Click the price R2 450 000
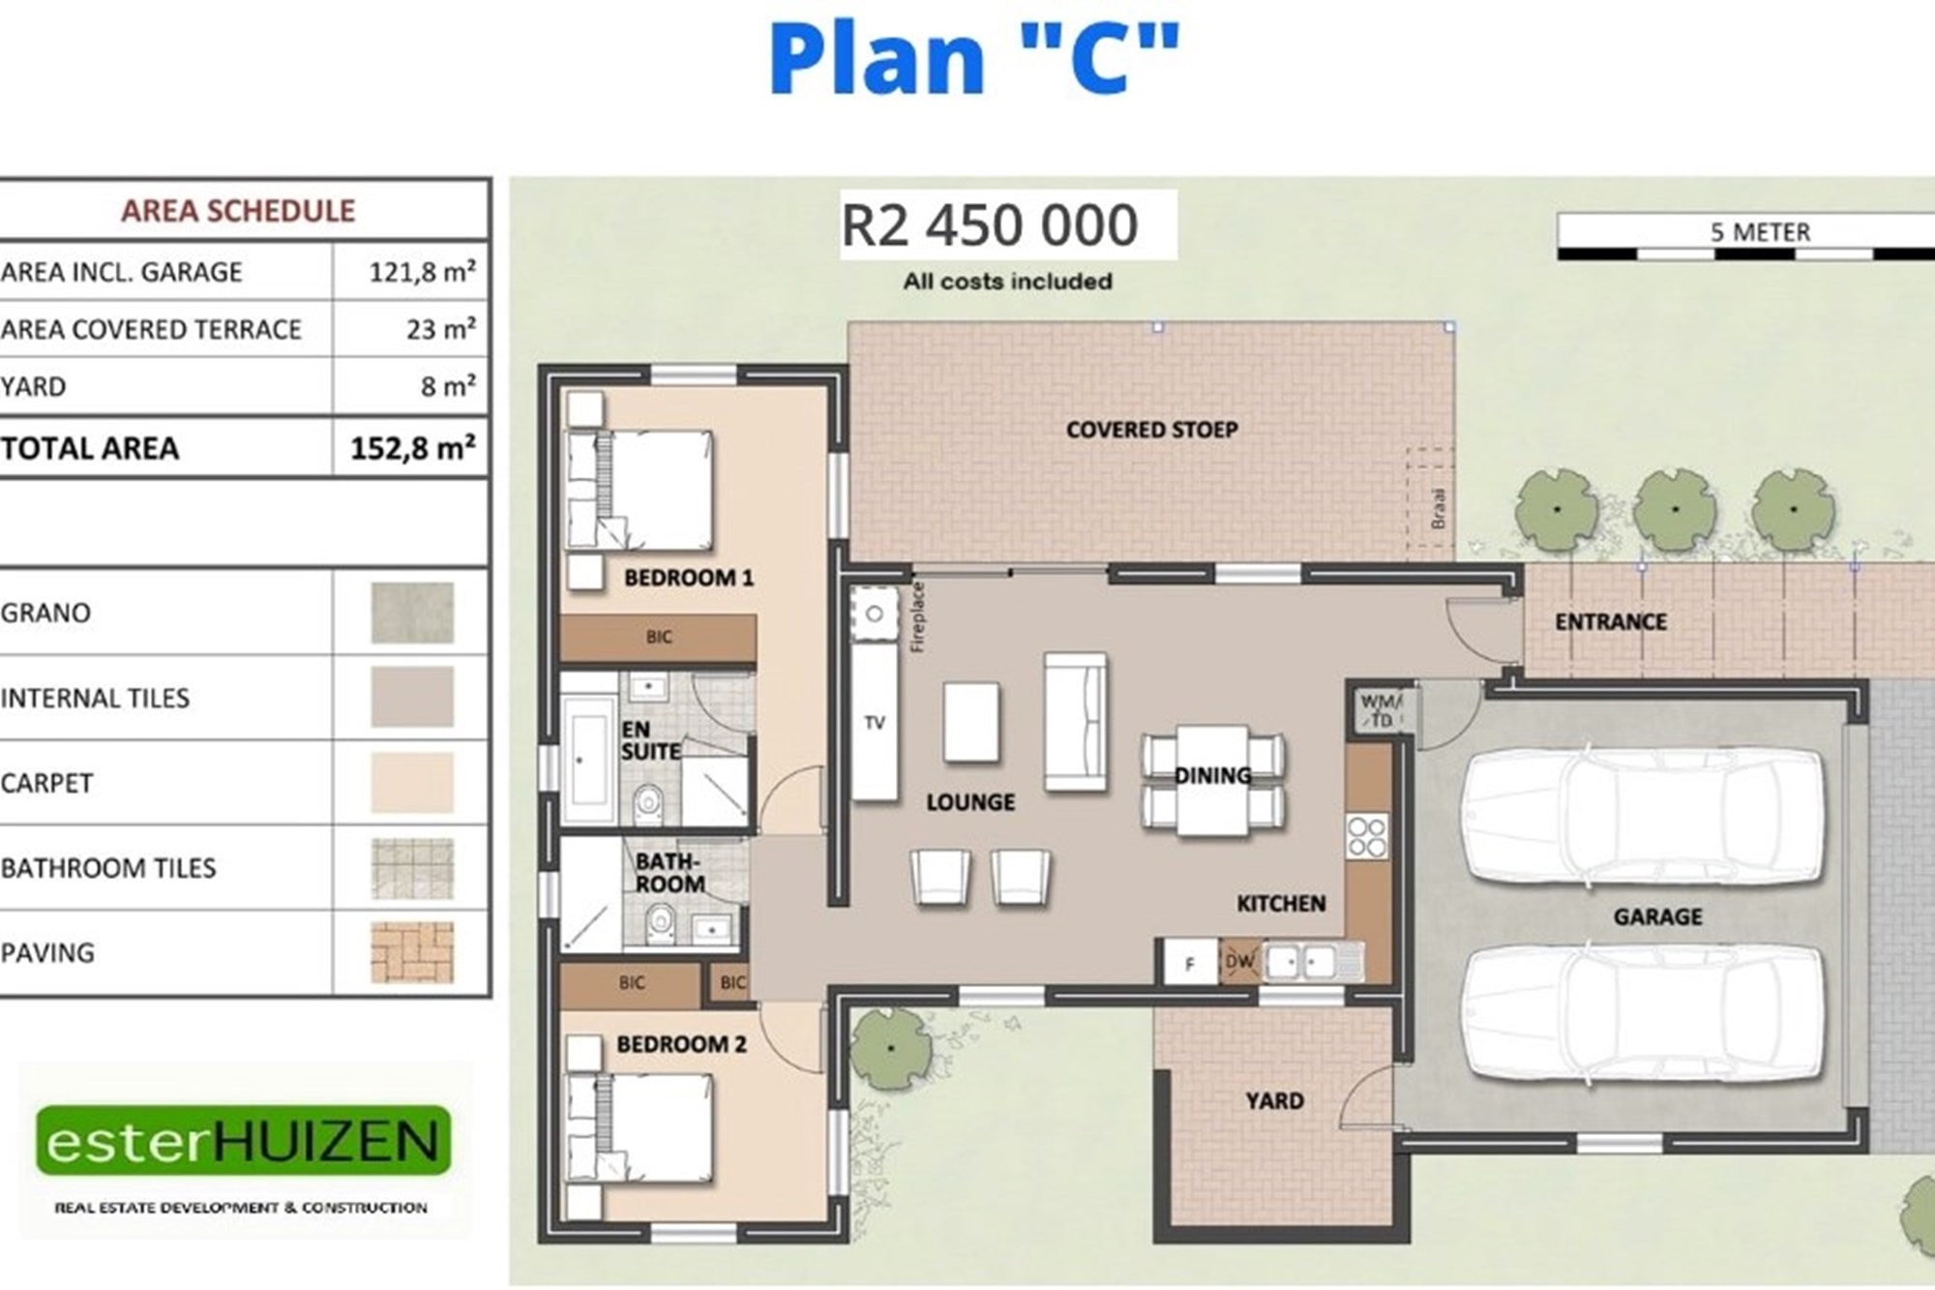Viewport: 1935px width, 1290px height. (990, 225)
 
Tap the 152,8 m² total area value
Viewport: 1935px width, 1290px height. (413, 448)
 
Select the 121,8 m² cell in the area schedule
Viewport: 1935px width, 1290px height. (422, 272)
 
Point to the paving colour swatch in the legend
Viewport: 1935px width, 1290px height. (412, 952)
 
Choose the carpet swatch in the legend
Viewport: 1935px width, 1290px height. (412, 782)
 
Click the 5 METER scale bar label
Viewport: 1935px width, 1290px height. (1760, 232)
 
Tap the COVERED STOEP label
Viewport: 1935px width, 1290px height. (1151, 430)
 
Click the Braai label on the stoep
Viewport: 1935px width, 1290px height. (1439, 507)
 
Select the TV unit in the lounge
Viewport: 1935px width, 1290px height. (875, 723)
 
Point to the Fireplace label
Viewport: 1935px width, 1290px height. (918, 616)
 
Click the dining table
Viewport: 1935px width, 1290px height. (1213, 780)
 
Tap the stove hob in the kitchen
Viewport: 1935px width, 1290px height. (1367, 837)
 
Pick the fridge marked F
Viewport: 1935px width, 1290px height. (1190, 963)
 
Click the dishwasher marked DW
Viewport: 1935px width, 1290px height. (1239, 962)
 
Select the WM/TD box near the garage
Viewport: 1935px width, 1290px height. (1381, 710)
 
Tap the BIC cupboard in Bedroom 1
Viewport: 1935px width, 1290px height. (658, 638)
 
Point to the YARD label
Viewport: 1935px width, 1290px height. (1274, 1101)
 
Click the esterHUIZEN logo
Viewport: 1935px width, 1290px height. (244, 1141)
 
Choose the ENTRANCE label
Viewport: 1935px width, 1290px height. (1611, 622)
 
